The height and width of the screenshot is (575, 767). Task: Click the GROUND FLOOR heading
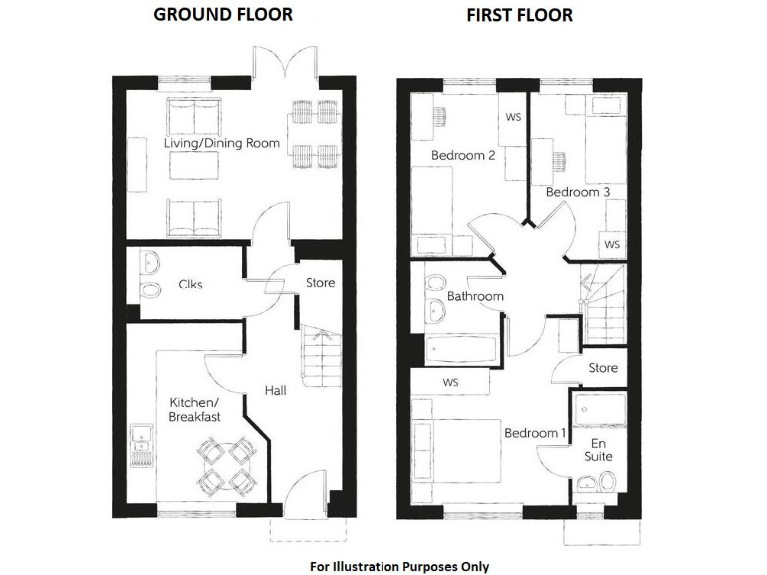pyautogui.click(x=222, y=14)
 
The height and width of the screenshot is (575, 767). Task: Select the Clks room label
pyautogui.click(x=190, y=285)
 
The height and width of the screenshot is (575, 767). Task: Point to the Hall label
pyautogui.click(x=275, y=390)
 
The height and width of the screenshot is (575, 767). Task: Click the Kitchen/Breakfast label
pyautogui.click(x=194, y=408)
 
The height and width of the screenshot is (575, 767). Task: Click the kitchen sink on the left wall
pyautogui.click(x=141, y=437)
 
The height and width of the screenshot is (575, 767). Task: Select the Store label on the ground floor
pyautogui.click(x=320, y=283)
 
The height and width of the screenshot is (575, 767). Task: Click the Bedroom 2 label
pyautogui.click(x=463, y=156)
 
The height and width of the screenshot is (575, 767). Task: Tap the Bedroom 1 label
pyautogui.click(x=536, y=433)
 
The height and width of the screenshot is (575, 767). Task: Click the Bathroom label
pyautogui.click(x=475, y=296)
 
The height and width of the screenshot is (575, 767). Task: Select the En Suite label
pyautogui.click(x=599, y=448)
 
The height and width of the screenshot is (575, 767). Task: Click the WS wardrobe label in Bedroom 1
pyautogui.click(x=450, y=382)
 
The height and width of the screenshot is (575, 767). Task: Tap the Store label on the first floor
pyautogui.click(x=603, y=368)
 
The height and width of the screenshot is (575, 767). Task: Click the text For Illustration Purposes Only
pyautogui.click(x=399, y=565)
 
